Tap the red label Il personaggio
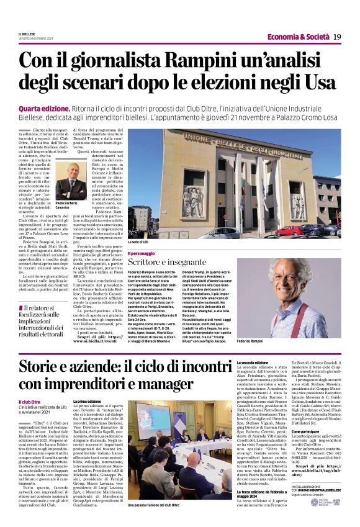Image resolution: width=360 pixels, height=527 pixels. click(140, 253)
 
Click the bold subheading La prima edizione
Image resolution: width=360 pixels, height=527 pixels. click(88, 402)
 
